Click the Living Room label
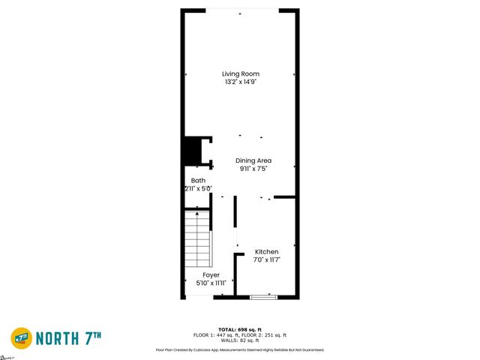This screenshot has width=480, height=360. [240, 73]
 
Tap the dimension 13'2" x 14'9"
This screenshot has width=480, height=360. [240, 82]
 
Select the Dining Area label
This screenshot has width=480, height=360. [253, 160]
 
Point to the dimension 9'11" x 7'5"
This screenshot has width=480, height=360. [253, 169]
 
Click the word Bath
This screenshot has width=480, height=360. [198, 181]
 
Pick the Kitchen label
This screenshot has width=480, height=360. [266, 252]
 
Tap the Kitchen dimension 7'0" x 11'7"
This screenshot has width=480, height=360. [266, 260]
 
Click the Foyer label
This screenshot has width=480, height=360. [211, 275]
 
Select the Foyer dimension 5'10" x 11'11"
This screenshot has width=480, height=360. [211, 283]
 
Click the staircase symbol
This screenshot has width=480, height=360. [198, 239]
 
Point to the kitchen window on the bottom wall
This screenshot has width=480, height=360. [263, 297]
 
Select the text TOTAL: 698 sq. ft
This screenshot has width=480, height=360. [239, 329]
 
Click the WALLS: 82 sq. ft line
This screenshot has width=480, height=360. [239, 340]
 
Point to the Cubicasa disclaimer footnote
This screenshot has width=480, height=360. [239, 349]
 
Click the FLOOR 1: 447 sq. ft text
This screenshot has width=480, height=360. [215, 334]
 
